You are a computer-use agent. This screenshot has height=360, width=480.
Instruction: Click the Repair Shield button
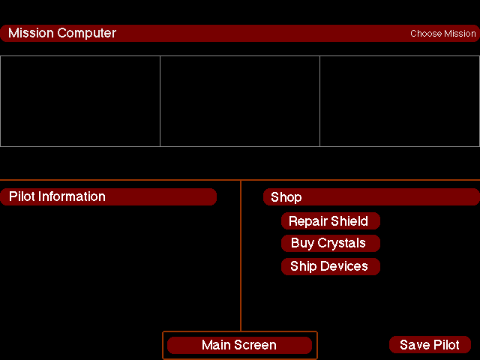330,221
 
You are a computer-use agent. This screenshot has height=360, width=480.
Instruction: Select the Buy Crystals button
330,244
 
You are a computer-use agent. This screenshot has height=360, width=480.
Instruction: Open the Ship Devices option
330,266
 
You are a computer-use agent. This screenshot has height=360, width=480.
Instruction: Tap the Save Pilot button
430,345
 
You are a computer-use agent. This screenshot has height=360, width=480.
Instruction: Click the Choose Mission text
442,34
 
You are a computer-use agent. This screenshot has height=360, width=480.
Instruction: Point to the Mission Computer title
62,33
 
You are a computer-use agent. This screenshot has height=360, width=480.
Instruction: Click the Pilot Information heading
57,196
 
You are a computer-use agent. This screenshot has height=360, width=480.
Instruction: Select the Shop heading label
286,197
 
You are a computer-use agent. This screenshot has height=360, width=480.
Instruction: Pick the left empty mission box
80,101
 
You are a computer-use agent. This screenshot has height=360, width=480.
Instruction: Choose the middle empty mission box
240,101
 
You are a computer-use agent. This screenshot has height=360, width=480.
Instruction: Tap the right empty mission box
400,101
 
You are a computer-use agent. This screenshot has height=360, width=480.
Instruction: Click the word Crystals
342,244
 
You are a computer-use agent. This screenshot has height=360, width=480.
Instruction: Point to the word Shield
349,221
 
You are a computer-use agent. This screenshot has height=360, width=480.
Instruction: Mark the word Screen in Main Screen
256,345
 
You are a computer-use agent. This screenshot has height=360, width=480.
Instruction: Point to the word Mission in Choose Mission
460,34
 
